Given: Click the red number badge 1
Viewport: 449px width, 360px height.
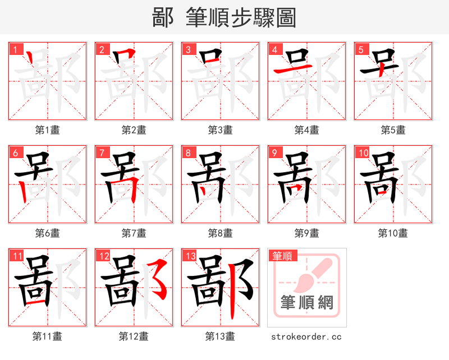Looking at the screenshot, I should [x=15, y=50].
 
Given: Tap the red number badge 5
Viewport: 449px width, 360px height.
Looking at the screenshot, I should [x=361, y=50].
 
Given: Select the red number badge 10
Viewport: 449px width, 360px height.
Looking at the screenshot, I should [x=363, y=153].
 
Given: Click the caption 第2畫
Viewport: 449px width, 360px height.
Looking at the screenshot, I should [x=134, y=130].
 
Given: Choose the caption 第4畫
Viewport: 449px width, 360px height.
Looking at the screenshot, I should [x=307, y=130].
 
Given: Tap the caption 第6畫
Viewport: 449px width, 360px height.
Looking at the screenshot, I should [x=48, y=233].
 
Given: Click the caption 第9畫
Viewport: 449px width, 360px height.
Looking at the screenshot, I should [x=307, y=233].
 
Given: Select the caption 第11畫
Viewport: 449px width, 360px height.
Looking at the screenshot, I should [x=48, y=336].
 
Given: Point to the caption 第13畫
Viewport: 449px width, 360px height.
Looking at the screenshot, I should [x=221, y=336].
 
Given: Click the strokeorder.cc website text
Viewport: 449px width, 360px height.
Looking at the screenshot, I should [x=306, y=337].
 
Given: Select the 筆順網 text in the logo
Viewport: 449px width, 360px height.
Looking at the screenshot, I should [x=307, y=303].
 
